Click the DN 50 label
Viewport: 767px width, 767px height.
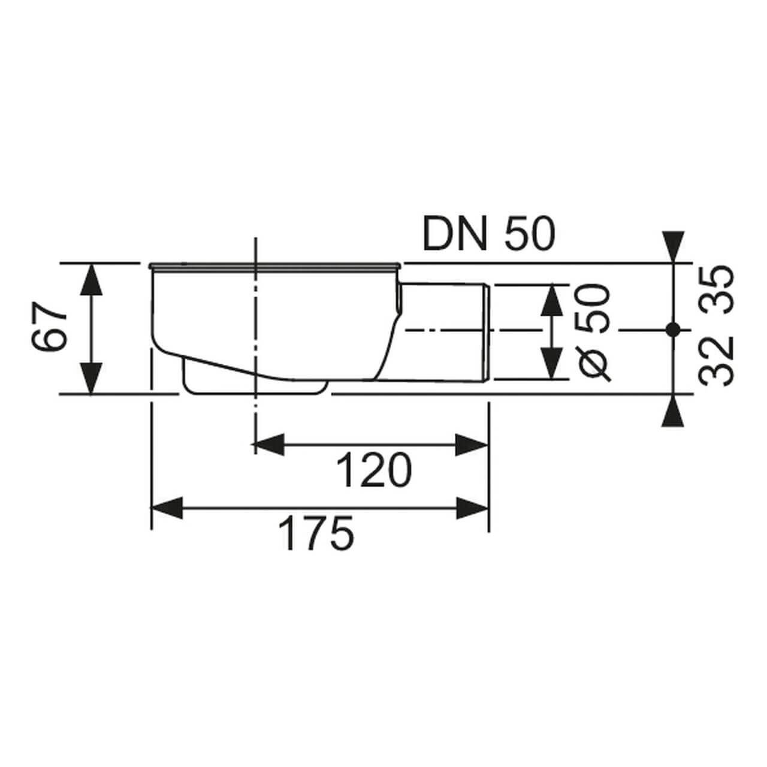pyautogui.click(x=488, y=234)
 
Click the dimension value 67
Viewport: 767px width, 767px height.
pyautogui.click(x=48, y=328)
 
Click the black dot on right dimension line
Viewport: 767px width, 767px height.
pyautogui.click(x=673, y=329)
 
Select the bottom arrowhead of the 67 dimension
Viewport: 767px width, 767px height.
pyautogui.click(x=90, y=380)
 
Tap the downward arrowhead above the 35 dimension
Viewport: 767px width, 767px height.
pyautogui.click(x=673, y=246)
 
